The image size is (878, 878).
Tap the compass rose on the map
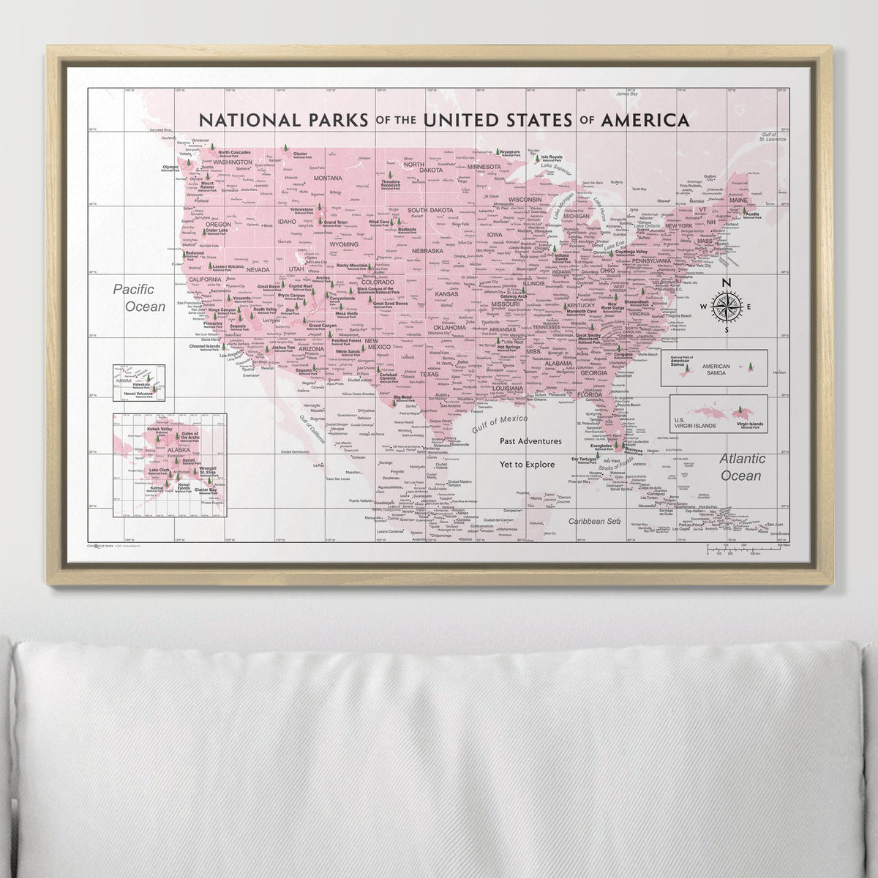tap(727, 307)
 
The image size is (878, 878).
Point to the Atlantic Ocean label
tap(743, 467)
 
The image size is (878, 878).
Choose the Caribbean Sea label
tap(595, 521)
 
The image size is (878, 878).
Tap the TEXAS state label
tap(429, 374)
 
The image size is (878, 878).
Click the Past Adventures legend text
tap(531, 441)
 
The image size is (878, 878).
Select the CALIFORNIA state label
tap(206, 280)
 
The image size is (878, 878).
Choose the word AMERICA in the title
tap(644, 119)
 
